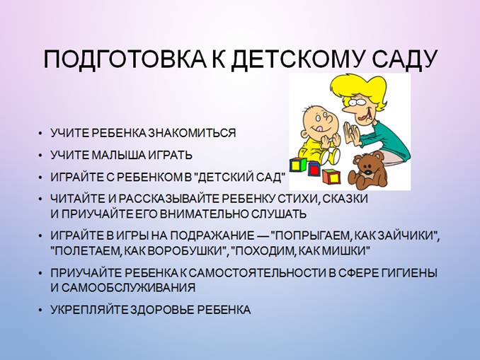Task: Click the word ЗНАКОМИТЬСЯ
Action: tap(192, 134)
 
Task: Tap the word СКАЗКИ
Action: tap(345, 199)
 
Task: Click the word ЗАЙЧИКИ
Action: tap(408, 236)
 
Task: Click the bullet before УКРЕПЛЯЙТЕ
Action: tap(40, 310)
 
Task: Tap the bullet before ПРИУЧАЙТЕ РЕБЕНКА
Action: tap(40, 274)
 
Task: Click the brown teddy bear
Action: tap(367, 170)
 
